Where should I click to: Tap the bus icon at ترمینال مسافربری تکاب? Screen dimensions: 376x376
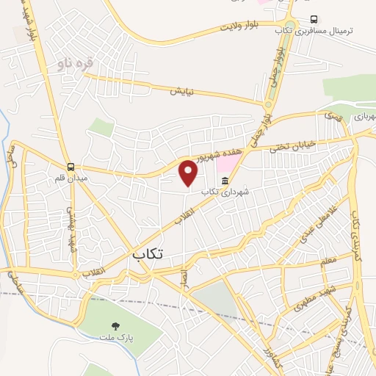tap(314, 20)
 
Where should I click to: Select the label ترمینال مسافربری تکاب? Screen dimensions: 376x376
tap(325, 31)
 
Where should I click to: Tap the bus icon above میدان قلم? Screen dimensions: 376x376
tap(70, 167)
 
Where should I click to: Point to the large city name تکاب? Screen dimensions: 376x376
tap(148, 253)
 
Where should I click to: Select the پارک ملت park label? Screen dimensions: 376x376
tap(116, 336)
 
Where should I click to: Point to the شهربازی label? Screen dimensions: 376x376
tap(364, 116)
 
